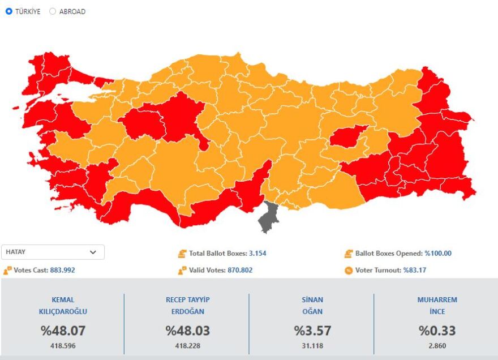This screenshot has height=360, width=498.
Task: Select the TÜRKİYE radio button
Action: (x=9, y=11)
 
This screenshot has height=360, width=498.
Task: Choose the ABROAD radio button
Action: (x=53, y=11)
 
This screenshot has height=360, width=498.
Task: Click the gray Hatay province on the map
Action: (x=268, y=217)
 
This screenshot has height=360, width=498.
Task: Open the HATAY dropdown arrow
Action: (x=93, y=252)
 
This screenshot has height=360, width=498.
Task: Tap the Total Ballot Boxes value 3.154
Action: (x=257, y=254)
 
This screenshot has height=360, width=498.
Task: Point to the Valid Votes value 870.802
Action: (x=240, y=270)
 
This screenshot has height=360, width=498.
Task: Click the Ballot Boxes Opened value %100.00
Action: (x=438, y=254)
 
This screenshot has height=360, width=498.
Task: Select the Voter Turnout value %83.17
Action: (x=415, y=270)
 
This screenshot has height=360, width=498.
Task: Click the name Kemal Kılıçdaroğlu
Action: (x=62, y=306)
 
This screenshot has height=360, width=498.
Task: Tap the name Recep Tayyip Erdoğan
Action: (x=187, y=306)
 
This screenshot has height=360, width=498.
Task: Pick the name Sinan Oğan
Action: (x=312, y=306)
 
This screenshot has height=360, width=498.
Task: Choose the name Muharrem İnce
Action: (x=437, y=306)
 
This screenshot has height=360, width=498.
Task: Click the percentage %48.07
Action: (x=62, y=331)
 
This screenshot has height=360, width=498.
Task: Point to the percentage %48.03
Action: (x=187, y=331)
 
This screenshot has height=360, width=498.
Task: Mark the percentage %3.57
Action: (x=312, y=331)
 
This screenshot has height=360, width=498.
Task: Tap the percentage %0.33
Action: (x=437, y=331)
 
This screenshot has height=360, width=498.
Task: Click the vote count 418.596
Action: (x=62, y=346)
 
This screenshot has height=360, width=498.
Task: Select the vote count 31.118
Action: (x=312, y=346)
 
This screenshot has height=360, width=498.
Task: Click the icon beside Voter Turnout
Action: (x=349, y=270)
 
